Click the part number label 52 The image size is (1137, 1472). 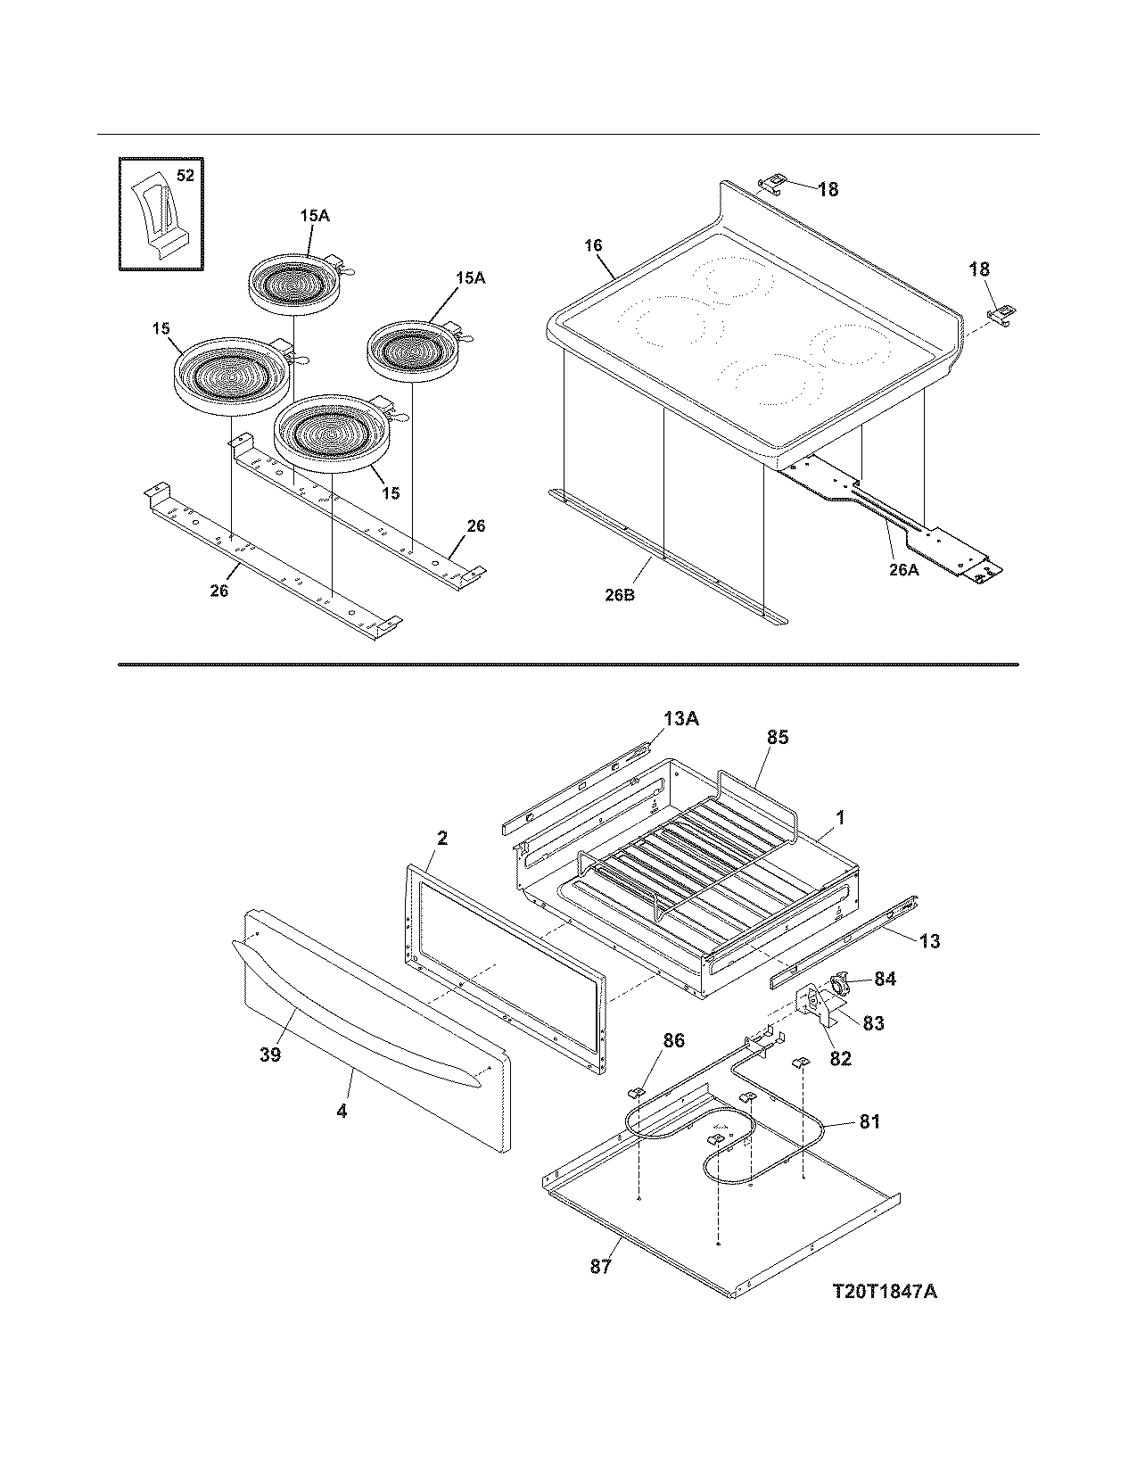[x=185, y=176]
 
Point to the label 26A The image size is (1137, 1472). [x=902, y=567]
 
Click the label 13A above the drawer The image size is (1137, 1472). [x=680, y=717]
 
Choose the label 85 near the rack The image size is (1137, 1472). [x=777, y=738]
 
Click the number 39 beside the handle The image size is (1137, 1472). [x=270, y=1054]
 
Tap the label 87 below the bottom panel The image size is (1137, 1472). [x=600, y=1266]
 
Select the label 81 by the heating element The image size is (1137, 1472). [x=869, y=1121]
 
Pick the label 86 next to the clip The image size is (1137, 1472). [x=673, y=1039]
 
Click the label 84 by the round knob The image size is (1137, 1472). [x=884, y=979]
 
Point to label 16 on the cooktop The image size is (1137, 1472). [x=594, y=245]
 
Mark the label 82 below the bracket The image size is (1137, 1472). [x=840, y=1058]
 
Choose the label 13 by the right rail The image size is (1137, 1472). [x=929, y=940]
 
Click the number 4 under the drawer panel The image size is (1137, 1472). [x=342, y=1112]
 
